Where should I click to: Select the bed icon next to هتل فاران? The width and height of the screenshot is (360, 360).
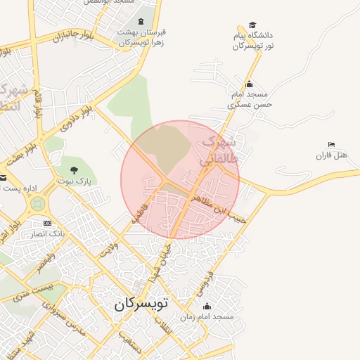pos(331,144)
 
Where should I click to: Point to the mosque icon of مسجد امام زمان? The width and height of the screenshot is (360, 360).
pos(207,307)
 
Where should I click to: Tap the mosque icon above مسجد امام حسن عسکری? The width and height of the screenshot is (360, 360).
pos(248,83)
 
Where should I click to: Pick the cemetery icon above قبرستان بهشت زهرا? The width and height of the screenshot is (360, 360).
pos(141,22)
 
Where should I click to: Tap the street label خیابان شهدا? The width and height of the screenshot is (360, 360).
pos(157,263)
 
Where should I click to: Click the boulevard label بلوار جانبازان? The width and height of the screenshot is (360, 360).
pos(72,36)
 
